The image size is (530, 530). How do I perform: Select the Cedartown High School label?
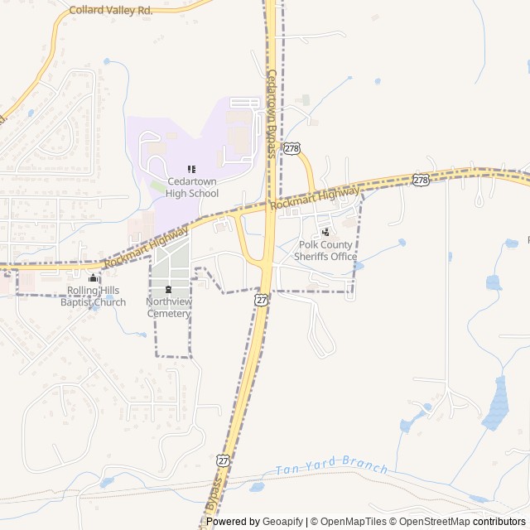[191, 187]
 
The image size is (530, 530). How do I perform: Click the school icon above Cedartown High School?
[191, 169]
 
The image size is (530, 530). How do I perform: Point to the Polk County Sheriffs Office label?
[325, 250]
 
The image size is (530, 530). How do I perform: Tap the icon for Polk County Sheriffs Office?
[325, 232]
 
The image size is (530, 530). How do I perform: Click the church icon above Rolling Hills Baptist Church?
[93, 278]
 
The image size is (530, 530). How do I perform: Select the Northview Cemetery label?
[168, 307]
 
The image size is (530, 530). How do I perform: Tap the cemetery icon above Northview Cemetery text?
[168, 290]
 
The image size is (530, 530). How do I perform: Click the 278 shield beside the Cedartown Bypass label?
[291, 148]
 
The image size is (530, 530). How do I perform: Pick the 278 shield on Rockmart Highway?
[421, 180]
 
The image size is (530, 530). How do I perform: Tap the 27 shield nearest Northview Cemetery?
[262, 300]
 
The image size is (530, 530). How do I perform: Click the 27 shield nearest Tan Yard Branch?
[224, 459]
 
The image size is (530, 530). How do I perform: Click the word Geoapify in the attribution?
[283, 522]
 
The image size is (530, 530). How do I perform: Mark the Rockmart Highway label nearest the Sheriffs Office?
[316, 199]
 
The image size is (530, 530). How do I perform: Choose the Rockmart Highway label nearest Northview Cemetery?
[147, 248]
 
